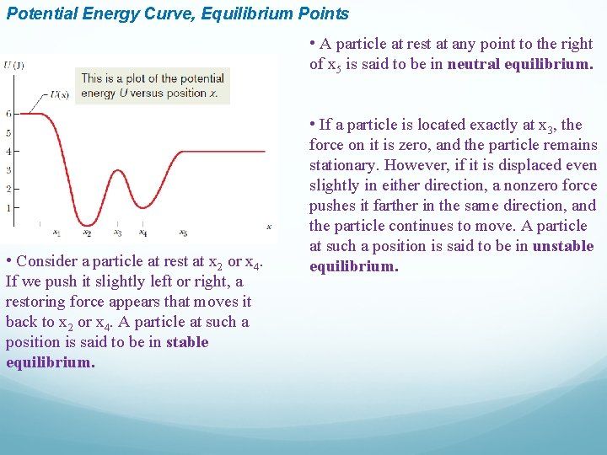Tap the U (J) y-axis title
coord(13,66)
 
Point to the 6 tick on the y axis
coord(8,113)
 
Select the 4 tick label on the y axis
coord(8,152)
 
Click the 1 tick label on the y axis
coord(8,207)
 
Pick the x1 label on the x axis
coord(56,233)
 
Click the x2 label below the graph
coord(87,233)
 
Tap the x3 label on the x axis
coord(117,233)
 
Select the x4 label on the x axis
coord(143,233)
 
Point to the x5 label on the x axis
coord(183,233)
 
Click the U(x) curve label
coord(60,94)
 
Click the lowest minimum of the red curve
coord(87,224)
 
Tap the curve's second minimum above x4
coord(144,206)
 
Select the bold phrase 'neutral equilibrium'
coord(520,64)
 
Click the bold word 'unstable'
coord(563,246)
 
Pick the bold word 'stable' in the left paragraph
coord(187,342)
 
